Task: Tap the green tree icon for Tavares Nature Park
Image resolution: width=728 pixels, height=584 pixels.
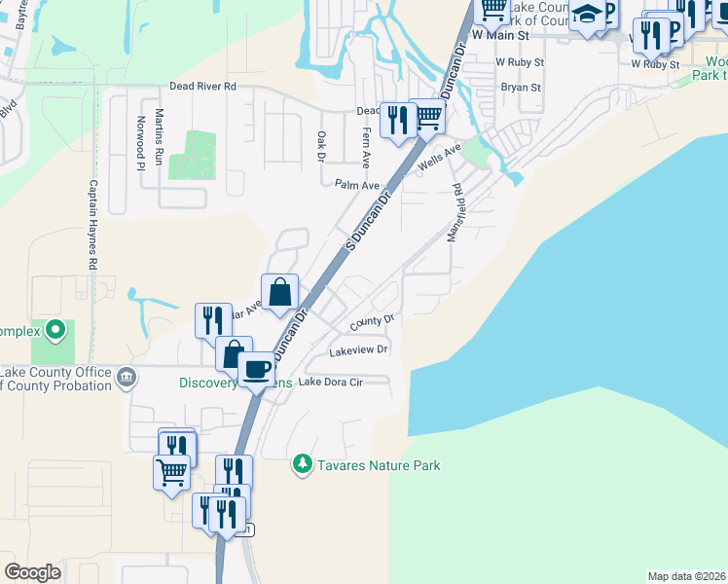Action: (x=304, y=464)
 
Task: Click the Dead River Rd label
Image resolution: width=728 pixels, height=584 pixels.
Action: (x=203, y=86)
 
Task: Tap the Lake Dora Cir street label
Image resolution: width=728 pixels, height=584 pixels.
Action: (x=330, y=383)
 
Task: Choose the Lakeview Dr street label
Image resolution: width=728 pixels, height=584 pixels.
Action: (x=359, y=349)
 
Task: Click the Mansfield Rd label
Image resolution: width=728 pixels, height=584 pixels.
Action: (x=454, y=213)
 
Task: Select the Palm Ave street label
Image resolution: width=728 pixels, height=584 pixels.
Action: (x=356, y=184)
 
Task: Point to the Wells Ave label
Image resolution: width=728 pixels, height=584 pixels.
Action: (x=438, y=157)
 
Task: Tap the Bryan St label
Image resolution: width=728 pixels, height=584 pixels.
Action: (x=521, y=88)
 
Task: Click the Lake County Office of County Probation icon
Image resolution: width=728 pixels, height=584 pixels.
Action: (x=127, y=377)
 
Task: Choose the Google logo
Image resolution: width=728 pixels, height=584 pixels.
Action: (x=32, y=572)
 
